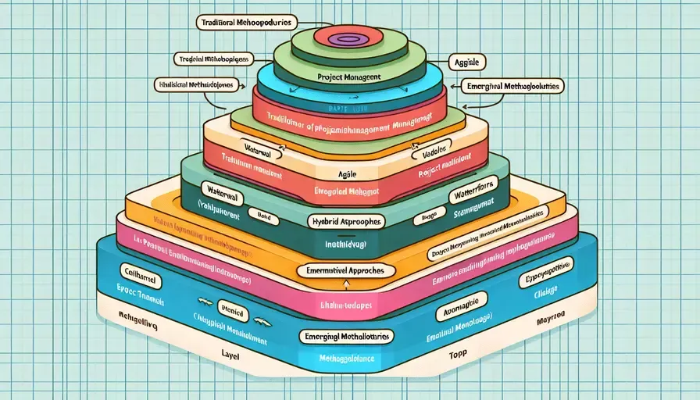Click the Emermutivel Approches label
[344, 270]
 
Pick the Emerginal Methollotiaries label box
[346, 335]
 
